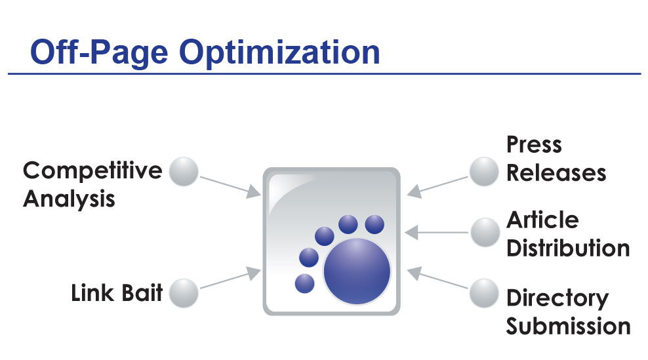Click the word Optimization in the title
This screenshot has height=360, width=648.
point(279,52)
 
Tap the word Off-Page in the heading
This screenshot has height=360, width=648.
point(99,52)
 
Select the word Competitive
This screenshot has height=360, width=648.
point(92,170)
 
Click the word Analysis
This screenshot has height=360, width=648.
point(69,199)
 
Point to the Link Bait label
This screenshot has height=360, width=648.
point(117,292)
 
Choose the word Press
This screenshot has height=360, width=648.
point(535,145)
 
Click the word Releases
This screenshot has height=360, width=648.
point(556,172)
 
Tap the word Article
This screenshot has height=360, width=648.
point(542,220)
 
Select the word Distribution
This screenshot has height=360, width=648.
point(568,248)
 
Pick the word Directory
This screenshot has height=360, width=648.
point(557,298)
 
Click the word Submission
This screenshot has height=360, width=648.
point(568,326)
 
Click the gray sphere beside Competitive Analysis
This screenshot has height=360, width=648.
point(184,172)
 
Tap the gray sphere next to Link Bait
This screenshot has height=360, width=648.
point(184,293)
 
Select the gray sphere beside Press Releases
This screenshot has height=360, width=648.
point(484,172)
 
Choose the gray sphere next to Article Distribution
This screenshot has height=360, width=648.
point(485,232)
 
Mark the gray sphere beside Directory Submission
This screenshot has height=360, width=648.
point(484,293)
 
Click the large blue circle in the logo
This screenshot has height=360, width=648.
point(357,271)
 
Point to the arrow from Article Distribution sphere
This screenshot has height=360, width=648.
point(436,232)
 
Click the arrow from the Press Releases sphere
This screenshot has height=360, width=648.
point(437,188)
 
